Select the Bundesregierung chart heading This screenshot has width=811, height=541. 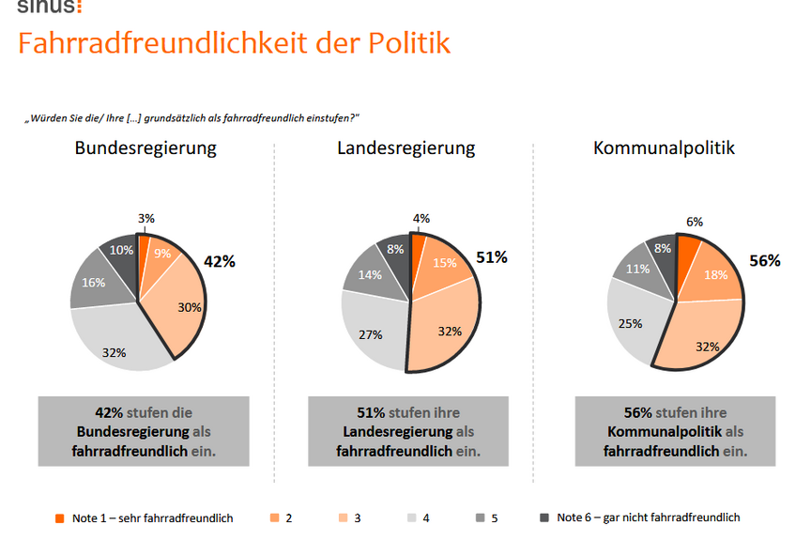pyautogui.click(x=145, y=148)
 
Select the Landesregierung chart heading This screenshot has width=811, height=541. pyautogui.click(x=405, y=148)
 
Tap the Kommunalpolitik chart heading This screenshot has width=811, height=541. pyautogui.click(x=663, y=148)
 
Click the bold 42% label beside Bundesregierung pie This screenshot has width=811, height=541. pyautogui.click(x=219, y=262)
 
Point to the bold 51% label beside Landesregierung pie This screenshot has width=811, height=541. pyautogui.click(x=491, y=257)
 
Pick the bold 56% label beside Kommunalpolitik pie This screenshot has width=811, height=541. pyautogui.click(x=764, y=261)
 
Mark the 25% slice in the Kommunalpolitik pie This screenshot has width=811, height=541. pyautogui.click(x=632, y=323)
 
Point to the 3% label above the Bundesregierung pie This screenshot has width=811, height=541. pyautogui.click(x=145, y=219)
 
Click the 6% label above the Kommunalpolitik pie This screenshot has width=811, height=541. pyautogui.click(x=694, y=222)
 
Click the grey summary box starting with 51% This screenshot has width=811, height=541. pyautogui.click(x=406, y=431)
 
